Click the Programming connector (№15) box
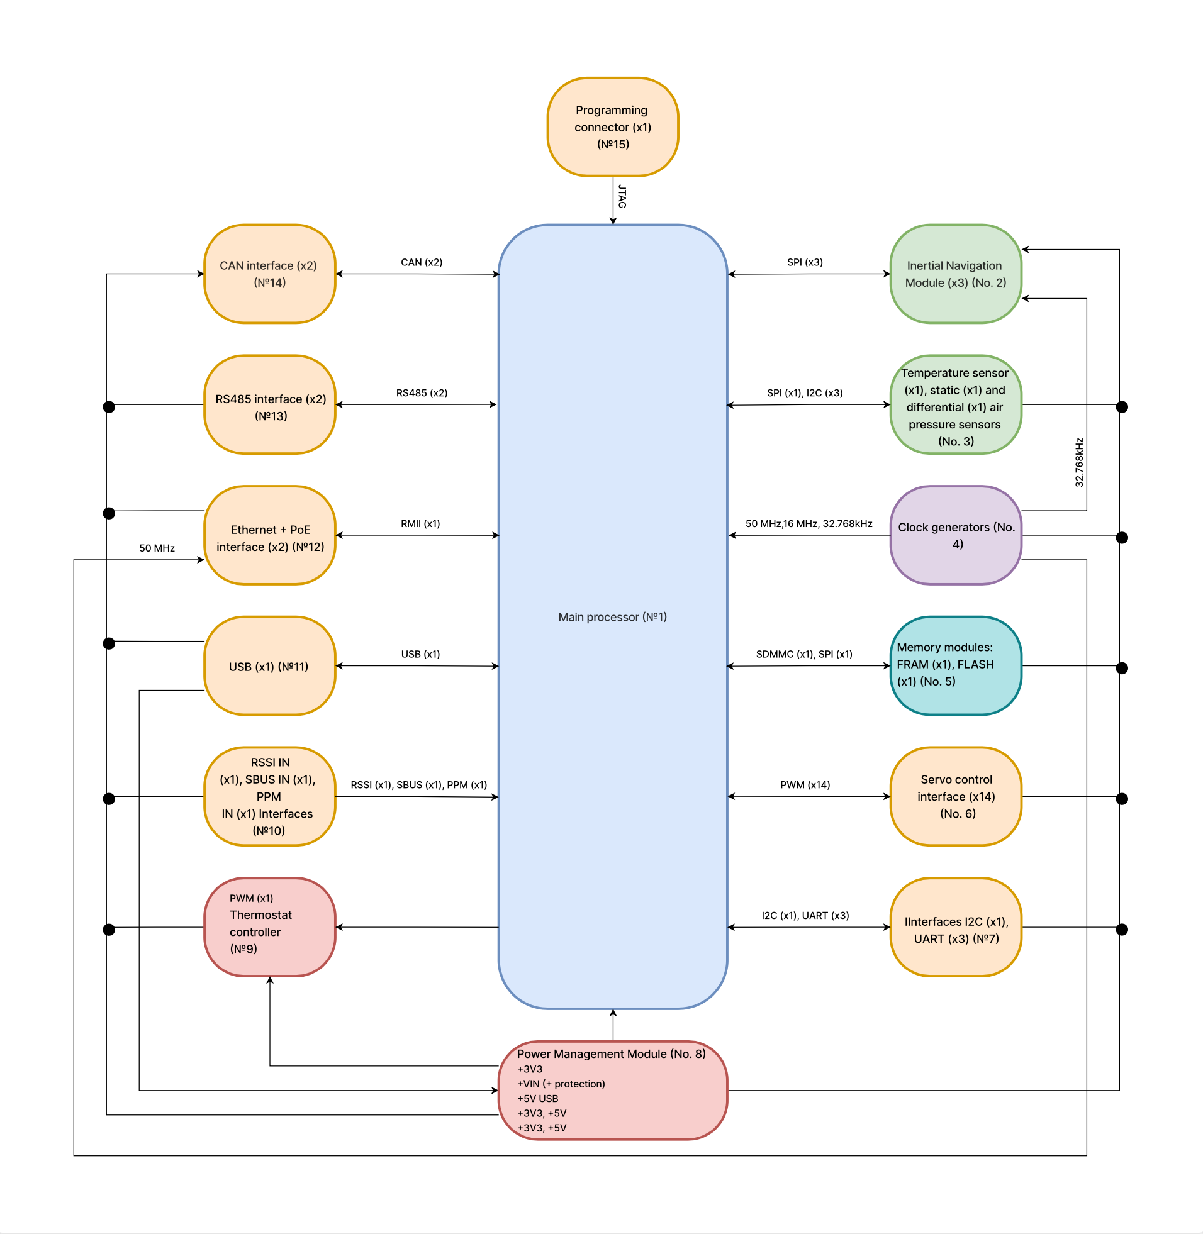pos(612,127)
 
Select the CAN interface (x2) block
pos(270,274)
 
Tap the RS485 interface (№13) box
pos(270,405)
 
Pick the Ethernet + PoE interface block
pos(270,535)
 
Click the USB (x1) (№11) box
pos(270,666)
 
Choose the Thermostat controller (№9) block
pos(270,927)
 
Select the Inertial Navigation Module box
pos(955,274)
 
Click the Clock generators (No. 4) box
pos(955,535)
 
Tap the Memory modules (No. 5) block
pos(955,666)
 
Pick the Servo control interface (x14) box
pos(955,796)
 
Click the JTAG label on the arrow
pos(622,196)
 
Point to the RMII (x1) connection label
pos(420,523)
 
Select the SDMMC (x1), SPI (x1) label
pos(803,654)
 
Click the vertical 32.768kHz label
pos(1079,462)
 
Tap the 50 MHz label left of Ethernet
pos(157,548)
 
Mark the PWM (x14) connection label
pos(805,785)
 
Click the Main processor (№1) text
pos(612,617)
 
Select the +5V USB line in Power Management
pos(538,1098)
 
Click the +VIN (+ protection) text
pos(561,1084)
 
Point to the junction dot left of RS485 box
pos(109,407)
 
